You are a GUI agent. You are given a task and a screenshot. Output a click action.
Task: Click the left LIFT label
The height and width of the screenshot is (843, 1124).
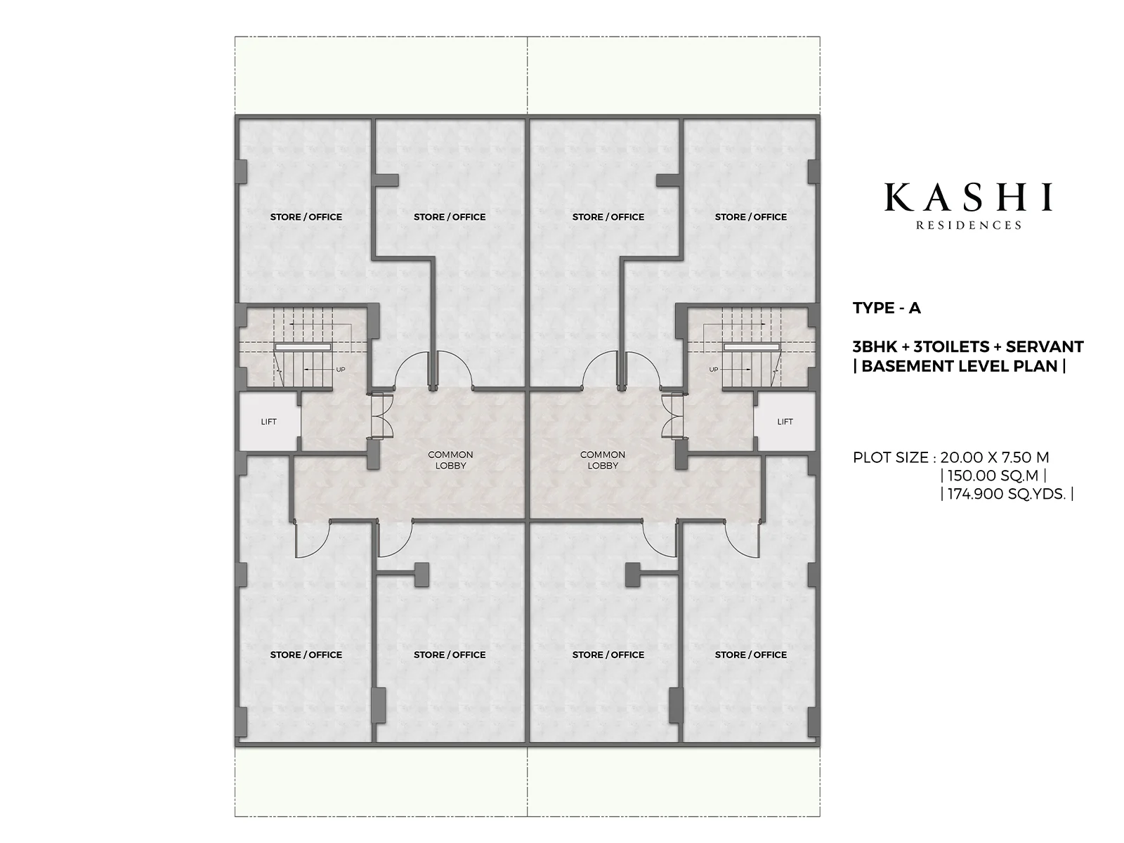(x=268, y=421)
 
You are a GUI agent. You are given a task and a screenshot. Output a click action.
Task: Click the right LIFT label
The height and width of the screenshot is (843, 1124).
(x=785, y=421)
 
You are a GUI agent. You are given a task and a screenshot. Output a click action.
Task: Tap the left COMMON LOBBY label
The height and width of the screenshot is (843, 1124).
(x=450, y=459)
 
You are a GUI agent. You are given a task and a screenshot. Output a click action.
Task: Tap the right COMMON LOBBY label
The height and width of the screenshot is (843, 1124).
(x=603, y=459)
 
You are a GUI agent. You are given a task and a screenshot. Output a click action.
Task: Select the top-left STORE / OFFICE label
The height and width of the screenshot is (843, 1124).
(x=306, y=217)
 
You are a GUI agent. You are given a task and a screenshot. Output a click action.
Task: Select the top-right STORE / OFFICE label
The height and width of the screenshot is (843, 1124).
(x=751, y=217)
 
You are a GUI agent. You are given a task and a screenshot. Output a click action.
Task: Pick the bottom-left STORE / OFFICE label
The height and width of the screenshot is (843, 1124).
(x=306, y=655)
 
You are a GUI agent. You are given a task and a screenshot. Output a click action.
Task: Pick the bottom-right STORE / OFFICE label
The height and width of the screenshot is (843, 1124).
(x=751, y=655)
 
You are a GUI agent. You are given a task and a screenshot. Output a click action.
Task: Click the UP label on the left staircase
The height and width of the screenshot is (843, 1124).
(x=341, y=370)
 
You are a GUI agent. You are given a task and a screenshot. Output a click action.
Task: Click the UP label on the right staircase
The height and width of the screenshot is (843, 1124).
(x=713, y=370)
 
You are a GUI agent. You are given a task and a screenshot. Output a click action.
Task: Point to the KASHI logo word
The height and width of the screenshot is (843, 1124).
(x=968, y=197)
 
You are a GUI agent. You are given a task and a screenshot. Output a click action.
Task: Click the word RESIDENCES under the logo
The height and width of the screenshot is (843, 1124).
(x=968, y=226)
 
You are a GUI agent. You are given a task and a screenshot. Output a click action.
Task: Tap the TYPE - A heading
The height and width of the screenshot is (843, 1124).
(x=887, y=308)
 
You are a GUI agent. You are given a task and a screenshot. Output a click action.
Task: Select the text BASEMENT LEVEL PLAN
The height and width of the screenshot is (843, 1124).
(x=960, y=367)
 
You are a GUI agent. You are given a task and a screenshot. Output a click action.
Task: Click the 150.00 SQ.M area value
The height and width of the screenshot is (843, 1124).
(x=993, y=476)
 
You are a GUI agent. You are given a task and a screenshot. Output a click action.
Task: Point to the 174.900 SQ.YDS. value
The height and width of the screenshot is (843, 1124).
(x=1007, y=495)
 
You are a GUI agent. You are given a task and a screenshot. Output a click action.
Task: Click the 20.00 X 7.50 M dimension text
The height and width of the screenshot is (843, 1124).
(x=995, y=457)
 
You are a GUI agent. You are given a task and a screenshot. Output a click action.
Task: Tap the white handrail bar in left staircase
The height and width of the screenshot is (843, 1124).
(x=303, y=347)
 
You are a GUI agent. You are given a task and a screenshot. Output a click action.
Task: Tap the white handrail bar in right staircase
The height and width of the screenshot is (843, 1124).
(x=751, y=347)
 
